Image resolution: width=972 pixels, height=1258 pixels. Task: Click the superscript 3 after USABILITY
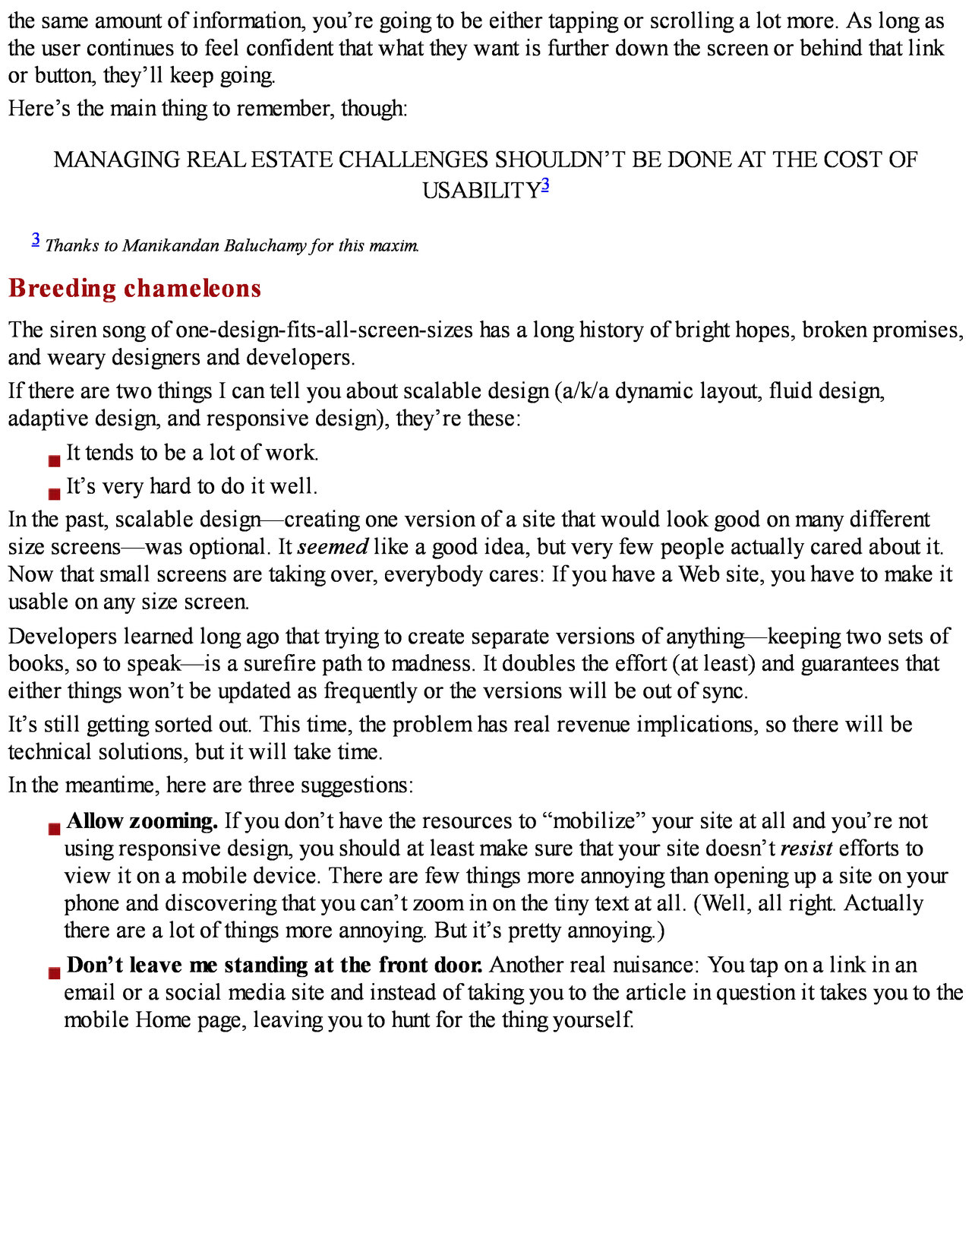pos(545,185)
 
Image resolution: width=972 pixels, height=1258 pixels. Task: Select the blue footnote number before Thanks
pos(36,240)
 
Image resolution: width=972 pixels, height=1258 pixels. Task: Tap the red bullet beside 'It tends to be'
pos(54,460)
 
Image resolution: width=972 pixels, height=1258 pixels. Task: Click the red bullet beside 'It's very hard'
pos(54,494)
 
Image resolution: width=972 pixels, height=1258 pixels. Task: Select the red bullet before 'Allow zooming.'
pos(54,829)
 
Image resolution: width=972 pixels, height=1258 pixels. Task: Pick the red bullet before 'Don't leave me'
pos(54,973)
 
